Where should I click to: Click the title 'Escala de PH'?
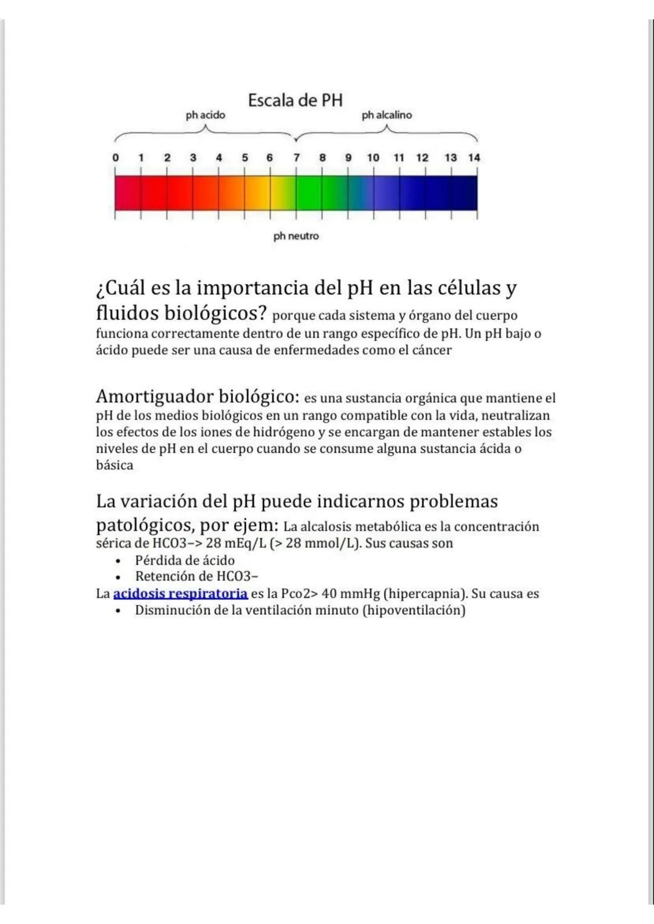click(295, 100)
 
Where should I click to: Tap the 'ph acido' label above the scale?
click(205, 115)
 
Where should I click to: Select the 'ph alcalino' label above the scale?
click(386, 115)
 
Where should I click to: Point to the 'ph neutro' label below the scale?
click(296, 236)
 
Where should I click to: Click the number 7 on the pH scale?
click(297, 157)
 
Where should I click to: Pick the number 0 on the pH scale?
click(116, 157)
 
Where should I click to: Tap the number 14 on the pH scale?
click(474, 157)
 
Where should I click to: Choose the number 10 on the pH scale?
click(373, 157)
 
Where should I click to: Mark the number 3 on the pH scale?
click(193, 157)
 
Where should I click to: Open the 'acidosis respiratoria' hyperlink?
click(180, 594)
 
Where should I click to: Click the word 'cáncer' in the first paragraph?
click(432, 350)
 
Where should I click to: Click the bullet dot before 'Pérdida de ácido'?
click(117, 561)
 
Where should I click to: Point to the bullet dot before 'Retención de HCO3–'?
click(117, 577)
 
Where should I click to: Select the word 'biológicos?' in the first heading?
click(216, 313)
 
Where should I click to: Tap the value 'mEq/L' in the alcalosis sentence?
click(246, 543)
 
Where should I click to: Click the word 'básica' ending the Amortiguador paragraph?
click(114, 465)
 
